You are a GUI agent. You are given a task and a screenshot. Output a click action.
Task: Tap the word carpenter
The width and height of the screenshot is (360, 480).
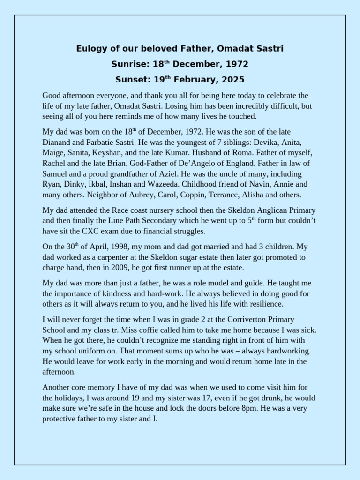[125, 257]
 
